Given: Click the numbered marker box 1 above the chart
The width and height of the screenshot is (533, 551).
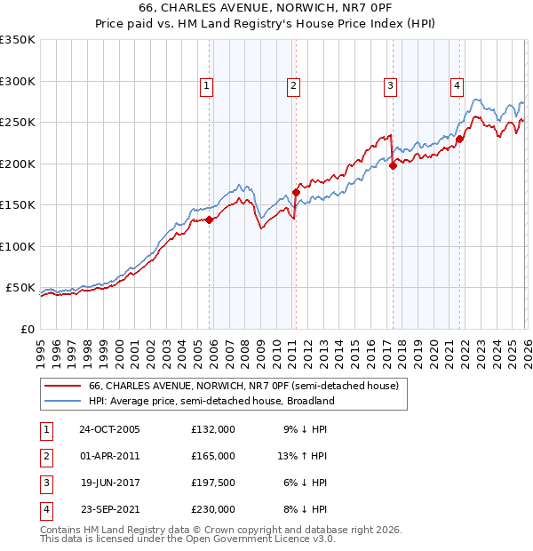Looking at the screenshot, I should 206,86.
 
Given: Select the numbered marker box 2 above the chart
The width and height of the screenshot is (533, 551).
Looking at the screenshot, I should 292,86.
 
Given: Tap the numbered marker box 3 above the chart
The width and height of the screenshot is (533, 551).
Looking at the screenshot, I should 390,86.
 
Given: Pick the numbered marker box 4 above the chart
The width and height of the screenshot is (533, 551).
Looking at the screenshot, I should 457,86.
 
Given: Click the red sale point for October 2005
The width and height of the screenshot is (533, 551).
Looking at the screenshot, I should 210,220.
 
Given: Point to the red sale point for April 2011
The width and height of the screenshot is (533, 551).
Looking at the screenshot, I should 295,192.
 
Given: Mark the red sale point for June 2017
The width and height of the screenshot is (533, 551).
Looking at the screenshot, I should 393,165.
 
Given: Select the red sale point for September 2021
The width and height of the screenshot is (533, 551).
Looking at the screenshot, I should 459,139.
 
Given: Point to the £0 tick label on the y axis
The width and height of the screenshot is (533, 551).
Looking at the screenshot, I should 27,329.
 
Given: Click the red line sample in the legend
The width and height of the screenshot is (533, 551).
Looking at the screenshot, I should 62,386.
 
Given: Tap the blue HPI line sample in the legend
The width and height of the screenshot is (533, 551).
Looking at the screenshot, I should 62,401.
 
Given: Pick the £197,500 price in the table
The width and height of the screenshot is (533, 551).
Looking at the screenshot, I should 213,483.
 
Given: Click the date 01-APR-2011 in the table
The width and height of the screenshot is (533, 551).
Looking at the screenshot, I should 109,456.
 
